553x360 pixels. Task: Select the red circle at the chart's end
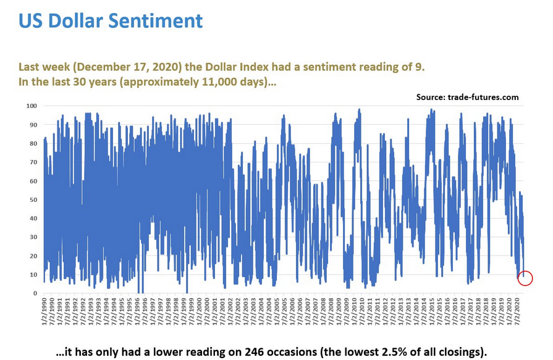525,278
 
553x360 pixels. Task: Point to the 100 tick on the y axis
32,106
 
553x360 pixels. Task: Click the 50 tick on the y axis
33,200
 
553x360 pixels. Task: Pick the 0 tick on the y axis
35,293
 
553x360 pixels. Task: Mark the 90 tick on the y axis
33,125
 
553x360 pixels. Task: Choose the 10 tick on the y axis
33,275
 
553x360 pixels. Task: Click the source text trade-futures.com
483,98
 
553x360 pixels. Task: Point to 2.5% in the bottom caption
392,352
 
